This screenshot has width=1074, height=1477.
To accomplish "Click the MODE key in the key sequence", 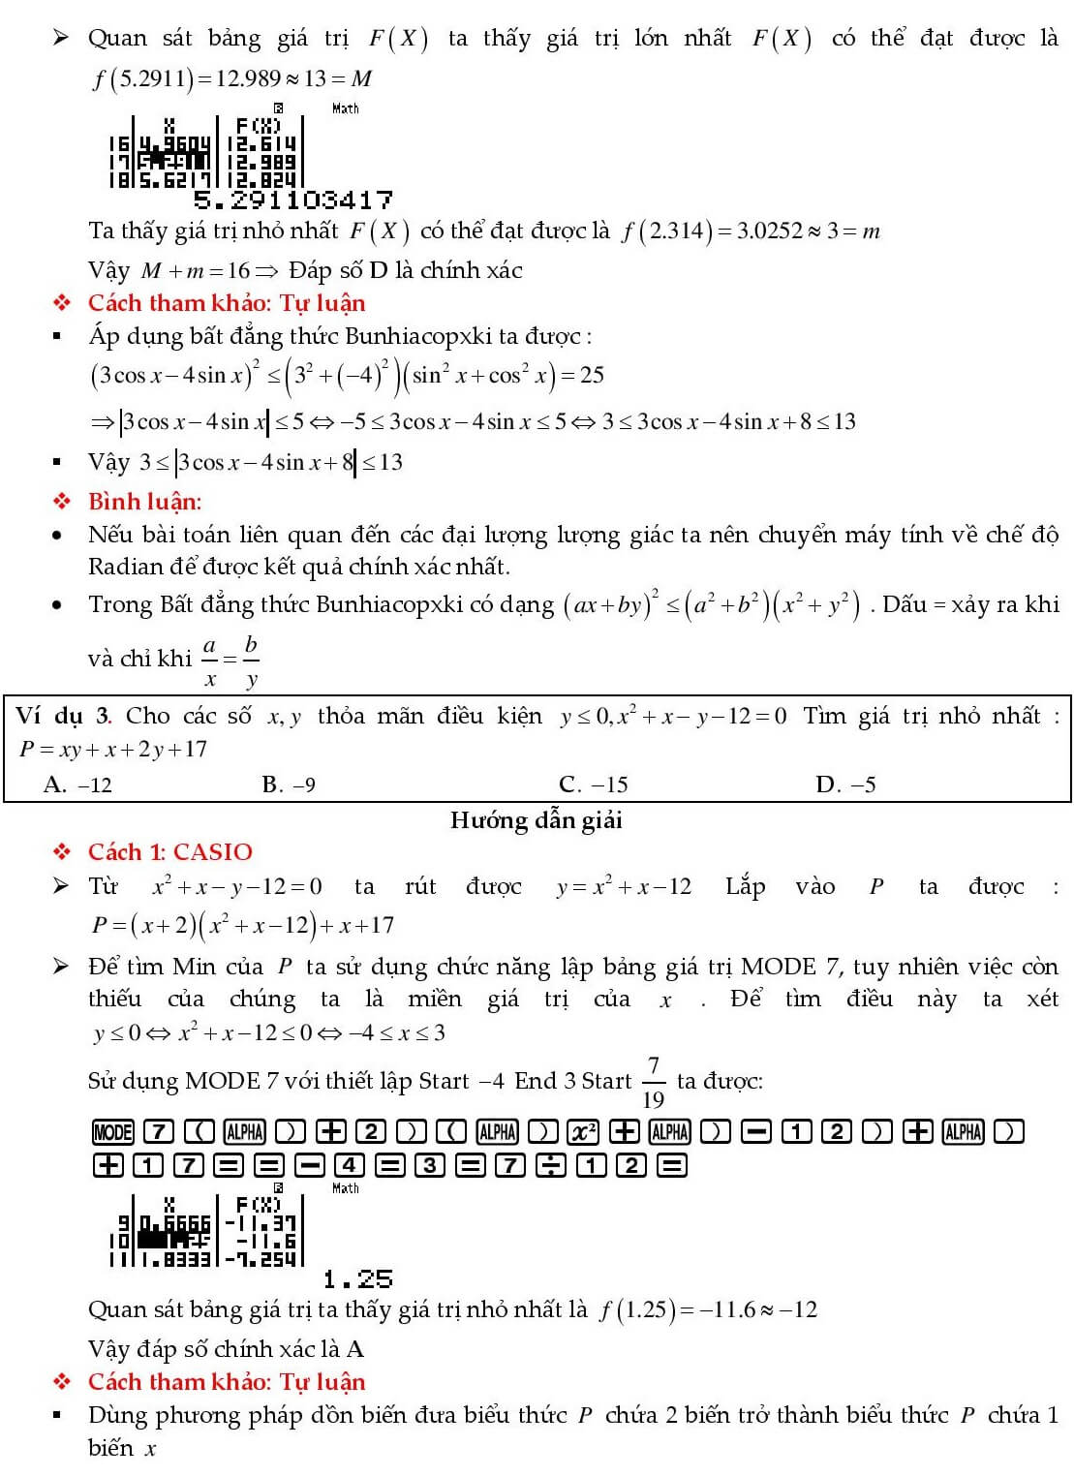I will coord(112,1131).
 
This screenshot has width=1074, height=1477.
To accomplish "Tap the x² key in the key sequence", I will coord(583,1131).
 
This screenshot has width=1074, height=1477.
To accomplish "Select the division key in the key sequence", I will coord(550,1164).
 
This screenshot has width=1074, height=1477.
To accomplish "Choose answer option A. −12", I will coord(77,785).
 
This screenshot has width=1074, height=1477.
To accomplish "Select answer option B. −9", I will coord(289,785).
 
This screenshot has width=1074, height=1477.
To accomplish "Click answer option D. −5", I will coord(845,785).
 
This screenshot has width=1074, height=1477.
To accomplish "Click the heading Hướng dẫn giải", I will coord(536,820).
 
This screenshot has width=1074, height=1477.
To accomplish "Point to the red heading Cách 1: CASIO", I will coord(169,852).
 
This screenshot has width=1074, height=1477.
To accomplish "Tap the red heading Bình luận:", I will coord(144,502).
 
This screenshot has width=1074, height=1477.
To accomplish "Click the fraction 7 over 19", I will coord(654,1082).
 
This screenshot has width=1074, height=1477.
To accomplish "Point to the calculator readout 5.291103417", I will coord(293,200).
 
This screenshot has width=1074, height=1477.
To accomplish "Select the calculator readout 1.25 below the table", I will coord(357,1280).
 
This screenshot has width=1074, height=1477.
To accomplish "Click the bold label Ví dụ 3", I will coord(63,716).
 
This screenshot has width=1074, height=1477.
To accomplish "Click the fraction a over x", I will coord(209,661).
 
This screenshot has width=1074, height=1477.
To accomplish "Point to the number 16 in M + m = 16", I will coord(238,270).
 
